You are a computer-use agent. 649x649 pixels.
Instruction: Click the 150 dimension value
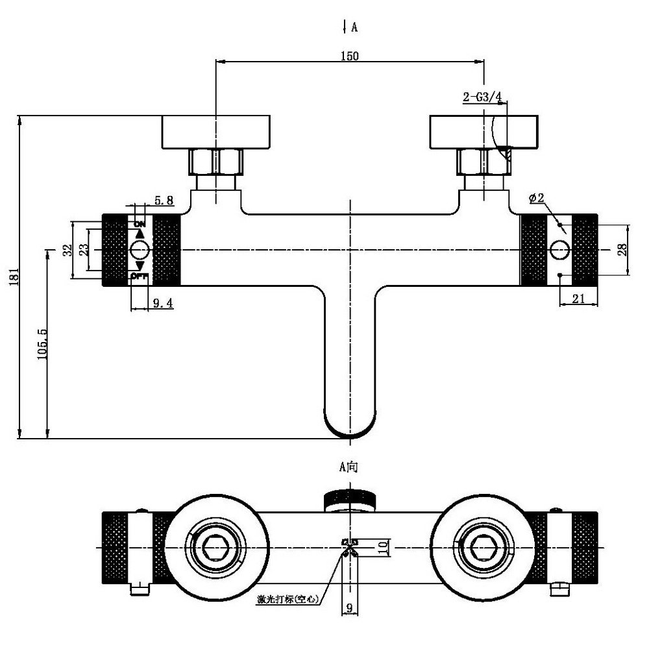point(350,56)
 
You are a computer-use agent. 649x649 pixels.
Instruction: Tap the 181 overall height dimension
point(14,276)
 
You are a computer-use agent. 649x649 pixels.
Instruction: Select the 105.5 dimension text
point(42,344)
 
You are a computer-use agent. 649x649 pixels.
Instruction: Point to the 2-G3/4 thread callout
point(482,97)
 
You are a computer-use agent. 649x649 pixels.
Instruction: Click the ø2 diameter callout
point(537,198)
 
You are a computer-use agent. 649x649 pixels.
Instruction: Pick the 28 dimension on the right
point(622,250)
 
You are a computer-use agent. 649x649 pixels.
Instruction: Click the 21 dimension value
point(578,298)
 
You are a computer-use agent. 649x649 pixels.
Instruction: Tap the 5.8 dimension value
point(164,201)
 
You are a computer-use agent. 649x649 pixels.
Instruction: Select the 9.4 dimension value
point(163,303)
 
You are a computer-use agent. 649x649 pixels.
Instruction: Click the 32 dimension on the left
point(67,250)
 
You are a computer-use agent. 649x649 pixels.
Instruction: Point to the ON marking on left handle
point(140,224)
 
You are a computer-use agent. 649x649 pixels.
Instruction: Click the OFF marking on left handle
point(140,276)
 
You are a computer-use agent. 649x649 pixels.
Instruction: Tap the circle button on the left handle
point(140,250)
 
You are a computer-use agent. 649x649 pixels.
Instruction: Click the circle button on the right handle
point(559,250)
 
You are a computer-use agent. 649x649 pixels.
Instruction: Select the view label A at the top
point(354,27)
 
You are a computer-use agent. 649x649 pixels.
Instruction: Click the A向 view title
point(349,467)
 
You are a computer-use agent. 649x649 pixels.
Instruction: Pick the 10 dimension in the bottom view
point(384,547)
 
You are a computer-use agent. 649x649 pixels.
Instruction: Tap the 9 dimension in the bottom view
point(350,607)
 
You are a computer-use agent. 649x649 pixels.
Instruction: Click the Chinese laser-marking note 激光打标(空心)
point(288,599)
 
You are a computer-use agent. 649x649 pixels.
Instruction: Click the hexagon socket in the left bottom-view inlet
point(214,548)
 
